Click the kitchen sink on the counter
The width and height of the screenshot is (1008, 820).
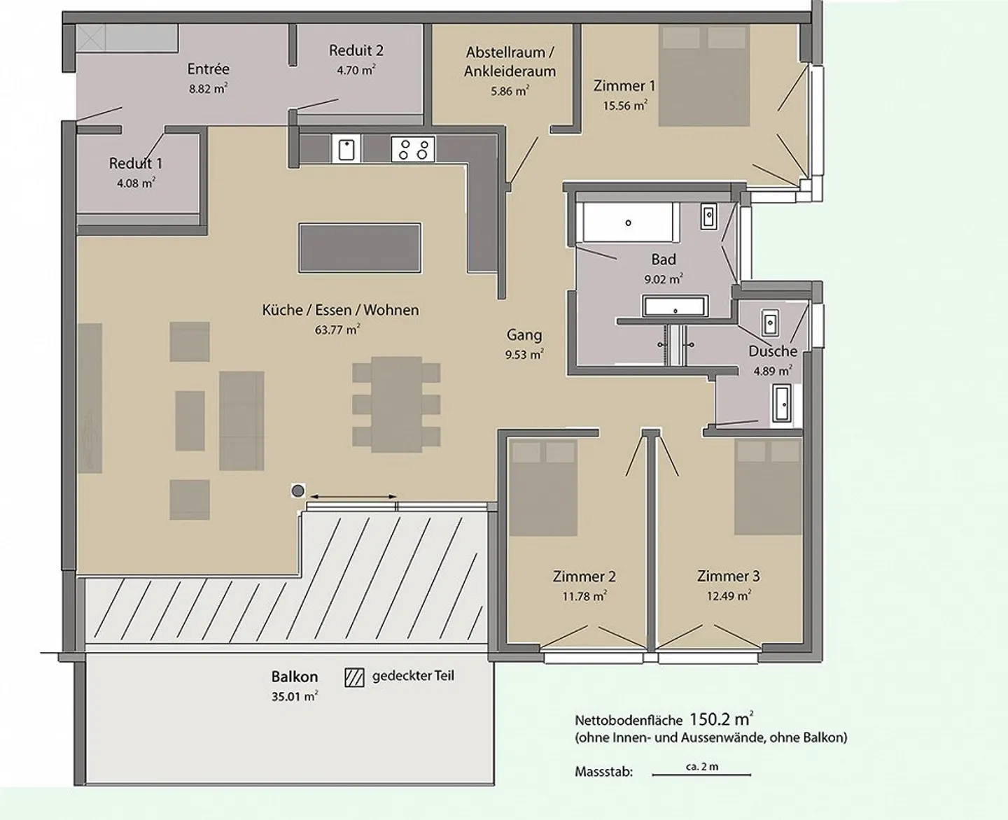click(x=346, y=150)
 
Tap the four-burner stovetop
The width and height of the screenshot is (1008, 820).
click(x=413, y=149)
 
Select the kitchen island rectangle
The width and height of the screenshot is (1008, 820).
click(x=360, y=248)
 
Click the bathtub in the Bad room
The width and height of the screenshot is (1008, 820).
click(x=628, y=222)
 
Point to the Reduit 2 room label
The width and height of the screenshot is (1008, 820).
click(x=356, y=50)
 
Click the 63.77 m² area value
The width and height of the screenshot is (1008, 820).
click(x=337, y=329)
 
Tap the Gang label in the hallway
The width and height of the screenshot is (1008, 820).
click(x=524, y=335)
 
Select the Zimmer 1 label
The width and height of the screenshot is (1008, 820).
click(x=624, y=86)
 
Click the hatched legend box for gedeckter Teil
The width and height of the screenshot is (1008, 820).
click(x=354, y=678)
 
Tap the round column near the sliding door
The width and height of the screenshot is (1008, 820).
click(x=297, y=491)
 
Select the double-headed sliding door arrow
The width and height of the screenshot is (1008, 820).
click(x=353, y=497)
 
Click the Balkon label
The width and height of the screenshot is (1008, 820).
click(x=295, y=677)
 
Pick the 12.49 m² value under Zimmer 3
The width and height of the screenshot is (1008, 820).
click(x=729, y=595)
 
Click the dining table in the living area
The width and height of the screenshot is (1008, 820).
click(x=397, y=404)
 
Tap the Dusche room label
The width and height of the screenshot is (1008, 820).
click(x=773, y=351)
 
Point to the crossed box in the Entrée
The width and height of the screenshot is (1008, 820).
click(x=91, y=38)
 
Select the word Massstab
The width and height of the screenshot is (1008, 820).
click(x=603, y=772)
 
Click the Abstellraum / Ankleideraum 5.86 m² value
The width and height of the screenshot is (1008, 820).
click(x=510, y=91)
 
